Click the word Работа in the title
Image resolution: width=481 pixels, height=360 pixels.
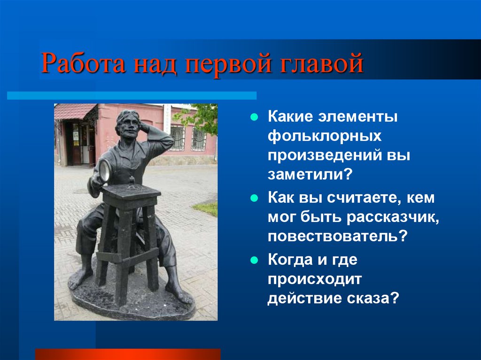pyautogui.click(x=84, y=64)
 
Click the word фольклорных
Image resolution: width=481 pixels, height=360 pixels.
pyautogui.click(x=325, y=136)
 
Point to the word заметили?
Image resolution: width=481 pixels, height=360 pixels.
pyautogui.click(x=310, y=175)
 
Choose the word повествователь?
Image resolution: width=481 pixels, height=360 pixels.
pyautogui.click(x=337, y=236)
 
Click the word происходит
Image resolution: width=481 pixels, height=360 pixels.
pyautogui.click(x=315, y=280)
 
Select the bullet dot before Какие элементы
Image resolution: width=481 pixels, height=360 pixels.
pyautogui.click(x=254, y=117)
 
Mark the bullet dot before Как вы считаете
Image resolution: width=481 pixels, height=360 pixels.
pyautogui.click(x=254, y=198)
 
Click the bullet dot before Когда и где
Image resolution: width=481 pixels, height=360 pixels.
pyautogui.click(x=254, y=260)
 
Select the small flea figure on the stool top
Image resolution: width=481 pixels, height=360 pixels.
pyautogui.click(x=132, y=181)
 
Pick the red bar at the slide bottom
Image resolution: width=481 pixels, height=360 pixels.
pyautogui.click(x=128, y=354)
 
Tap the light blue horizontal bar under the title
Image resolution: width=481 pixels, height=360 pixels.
pyautogui.click(x=132, y=95)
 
